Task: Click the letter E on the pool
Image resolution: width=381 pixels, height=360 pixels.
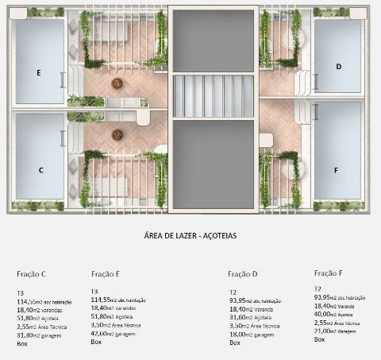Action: (x=38, y=72)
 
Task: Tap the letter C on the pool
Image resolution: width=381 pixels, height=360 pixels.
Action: (x=40, y=170)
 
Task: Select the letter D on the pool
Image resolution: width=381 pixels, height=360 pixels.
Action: (x=338, y=67)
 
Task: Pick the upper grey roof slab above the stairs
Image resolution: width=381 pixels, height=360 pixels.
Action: (x=212, y=40)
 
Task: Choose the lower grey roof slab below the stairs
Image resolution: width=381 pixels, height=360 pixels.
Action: (x=212, y=163)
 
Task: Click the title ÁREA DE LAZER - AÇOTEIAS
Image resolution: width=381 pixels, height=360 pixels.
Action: (x=191, y=235)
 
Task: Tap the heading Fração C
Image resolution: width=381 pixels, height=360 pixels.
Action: (x=32, y=274)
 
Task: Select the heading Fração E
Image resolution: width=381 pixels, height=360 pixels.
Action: (x=106, y=274)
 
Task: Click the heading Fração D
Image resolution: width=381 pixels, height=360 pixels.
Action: (x=243, y=274)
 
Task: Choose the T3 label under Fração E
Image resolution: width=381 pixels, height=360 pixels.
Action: (x=95, y=292)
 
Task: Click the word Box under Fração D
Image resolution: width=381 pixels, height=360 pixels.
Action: (x=235, y=343)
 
